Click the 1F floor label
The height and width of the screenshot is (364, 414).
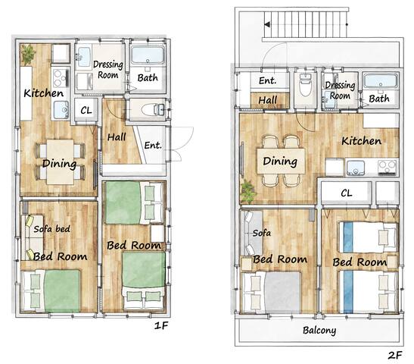point(161,325)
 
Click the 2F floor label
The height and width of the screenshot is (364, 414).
point(395,355)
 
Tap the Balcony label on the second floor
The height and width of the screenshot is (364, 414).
point(319,331)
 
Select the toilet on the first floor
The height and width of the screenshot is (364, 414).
point(153,109)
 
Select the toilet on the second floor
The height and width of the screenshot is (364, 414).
point(305,85)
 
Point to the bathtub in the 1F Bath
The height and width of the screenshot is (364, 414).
point(148,55)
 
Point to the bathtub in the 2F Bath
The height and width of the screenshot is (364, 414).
point(380,80)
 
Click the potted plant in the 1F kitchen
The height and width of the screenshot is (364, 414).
point(28,55)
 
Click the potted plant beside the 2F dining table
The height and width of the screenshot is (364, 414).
point(248,192)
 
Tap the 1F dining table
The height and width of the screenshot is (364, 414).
point(61,162)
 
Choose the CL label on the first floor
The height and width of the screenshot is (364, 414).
point(86,110)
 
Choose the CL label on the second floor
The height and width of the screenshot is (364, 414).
point(347,193)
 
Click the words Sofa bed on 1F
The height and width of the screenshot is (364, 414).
point(52,229)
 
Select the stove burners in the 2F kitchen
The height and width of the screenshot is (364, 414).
point(388,167)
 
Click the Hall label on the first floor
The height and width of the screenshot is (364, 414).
point(117,136)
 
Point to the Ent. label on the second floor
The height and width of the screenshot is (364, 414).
point(267,80)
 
